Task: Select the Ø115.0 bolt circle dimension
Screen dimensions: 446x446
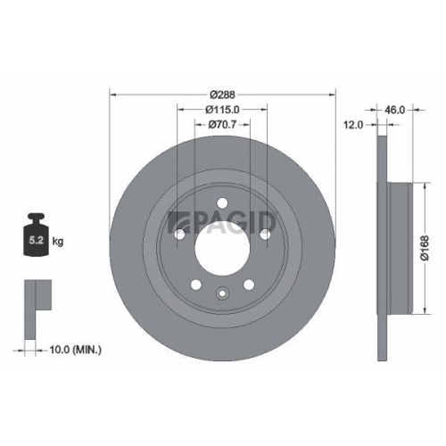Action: point(221,109)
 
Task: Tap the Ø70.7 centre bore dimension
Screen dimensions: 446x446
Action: point(221,124)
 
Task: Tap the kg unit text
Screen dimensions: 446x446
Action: point(57,241)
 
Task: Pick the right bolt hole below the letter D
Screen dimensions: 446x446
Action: point(265,234)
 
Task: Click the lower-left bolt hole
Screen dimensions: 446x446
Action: point(195,285)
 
